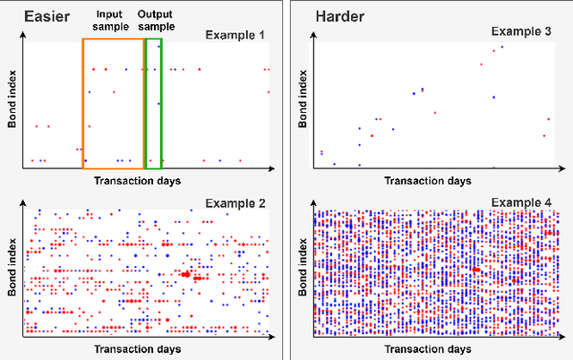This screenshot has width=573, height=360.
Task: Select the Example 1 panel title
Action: point(235,34)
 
